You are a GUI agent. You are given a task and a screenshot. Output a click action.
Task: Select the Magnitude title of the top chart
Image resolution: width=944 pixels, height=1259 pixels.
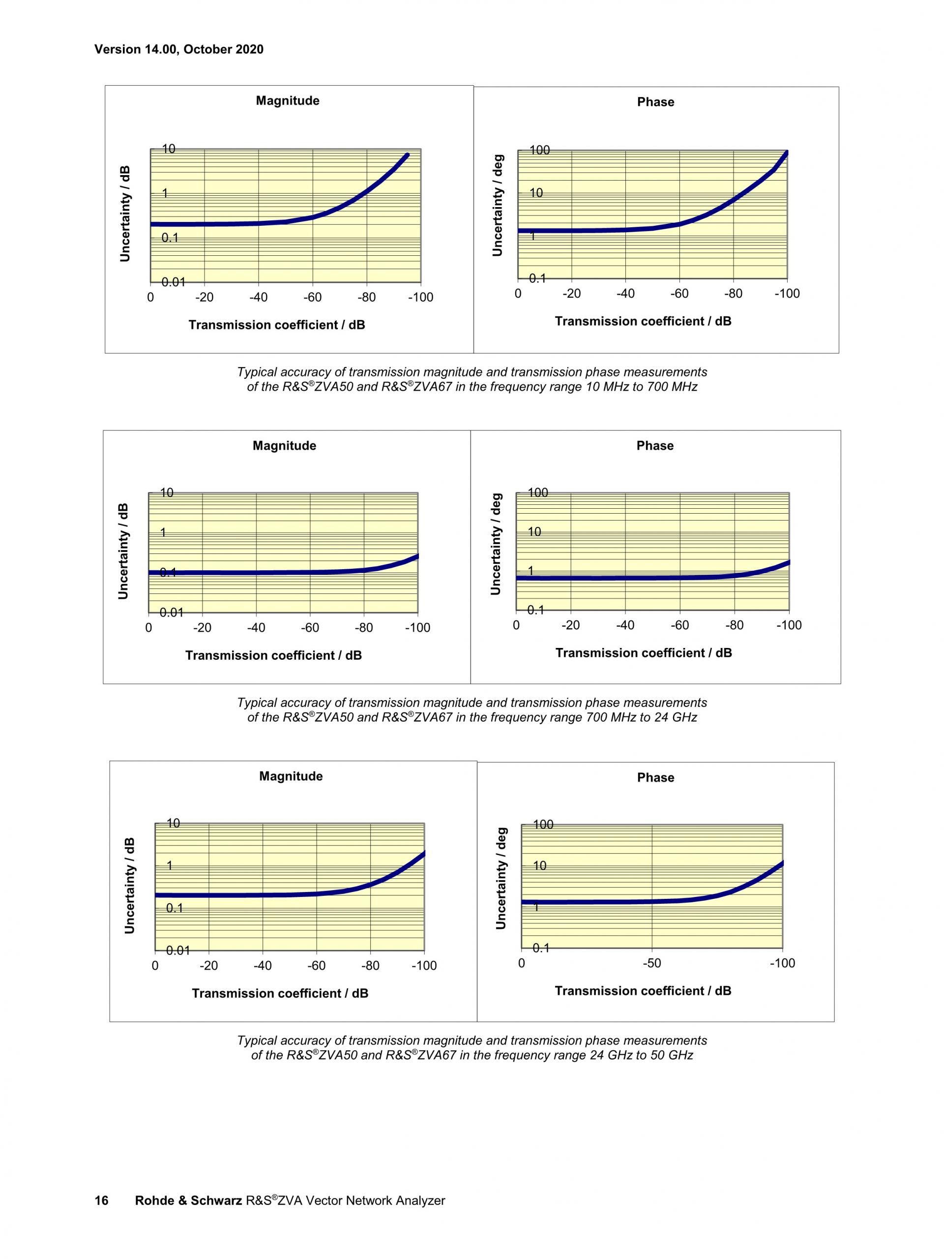(287, 101)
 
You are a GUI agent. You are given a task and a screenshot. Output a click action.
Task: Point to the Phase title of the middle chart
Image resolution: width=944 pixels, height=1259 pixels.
(654, 446)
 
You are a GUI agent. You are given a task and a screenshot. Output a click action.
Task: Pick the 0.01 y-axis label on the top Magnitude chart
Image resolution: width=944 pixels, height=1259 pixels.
(174, 282)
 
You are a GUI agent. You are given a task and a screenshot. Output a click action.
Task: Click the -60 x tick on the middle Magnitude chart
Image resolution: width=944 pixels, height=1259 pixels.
(310, 628)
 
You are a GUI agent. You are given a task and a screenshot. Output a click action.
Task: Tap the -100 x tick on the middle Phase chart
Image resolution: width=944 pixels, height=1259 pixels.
(789, 625)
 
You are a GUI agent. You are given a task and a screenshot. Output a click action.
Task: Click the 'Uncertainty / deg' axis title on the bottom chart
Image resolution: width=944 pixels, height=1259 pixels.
(501, 878)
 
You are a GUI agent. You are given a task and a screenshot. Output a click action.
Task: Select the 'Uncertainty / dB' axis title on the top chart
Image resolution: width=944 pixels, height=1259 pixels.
(125, 214)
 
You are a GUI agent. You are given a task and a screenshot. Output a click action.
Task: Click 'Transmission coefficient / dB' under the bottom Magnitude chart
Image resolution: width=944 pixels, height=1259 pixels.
(280, 993)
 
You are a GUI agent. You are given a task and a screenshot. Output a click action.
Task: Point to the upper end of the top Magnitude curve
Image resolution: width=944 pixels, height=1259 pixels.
(407, 155)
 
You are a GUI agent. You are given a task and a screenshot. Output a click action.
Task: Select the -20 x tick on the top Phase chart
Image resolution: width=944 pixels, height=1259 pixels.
(571, 294)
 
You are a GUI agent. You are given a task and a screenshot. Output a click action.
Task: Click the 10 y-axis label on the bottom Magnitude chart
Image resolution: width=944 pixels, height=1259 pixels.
(174, 823)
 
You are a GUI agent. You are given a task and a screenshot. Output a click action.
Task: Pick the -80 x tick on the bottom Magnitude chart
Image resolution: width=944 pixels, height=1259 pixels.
(370, 966)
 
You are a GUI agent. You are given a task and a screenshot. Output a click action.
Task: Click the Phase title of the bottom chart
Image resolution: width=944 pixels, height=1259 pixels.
(655, 777)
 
